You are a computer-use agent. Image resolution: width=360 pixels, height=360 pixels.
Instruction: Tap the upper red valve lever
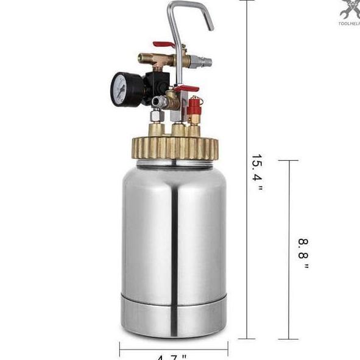point(164,44)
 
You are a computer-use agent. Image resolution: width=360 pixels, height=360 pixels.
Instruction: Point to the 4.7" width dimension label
point(172,356)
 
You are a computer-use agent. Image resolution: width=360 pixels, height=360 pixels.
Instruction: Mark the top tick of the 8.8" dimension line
point(288,161)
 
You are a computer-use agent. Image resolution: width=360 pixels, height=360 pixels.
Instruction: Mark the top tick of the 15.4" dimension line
point(247,1)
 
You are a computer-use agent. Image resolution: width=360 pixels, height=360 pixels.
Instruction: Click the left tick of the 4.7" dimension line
point(120,349)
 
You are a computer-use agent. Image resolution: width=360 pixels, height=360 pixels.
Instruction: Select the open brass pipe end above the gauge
point(141,59)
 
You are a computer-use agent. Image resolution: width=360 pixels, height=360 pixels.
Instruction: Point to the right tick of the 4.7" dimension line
point(228,349)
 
